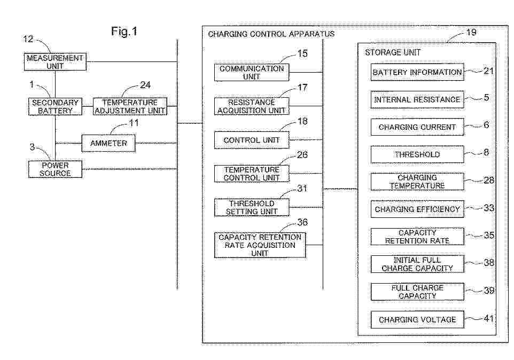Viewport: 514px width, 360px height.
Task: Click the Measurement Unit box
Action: (55, 62)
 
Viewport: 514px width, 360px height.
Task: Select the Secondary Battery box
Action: (55, 106)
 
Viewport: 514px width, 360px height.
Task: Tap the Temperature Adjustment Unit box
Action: (130, 106)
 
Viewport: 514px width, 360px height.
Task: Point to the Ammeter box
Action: (108, 143)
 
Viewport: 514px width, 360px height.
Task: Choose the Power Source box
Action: (55, 169)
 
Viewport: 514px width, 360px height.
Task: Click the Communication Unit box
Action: (252, 73)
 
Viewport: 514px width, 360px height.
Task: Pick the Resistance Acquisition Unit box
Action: (252, 106)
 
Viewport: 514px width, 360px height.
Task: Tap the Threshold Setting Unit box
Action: (252, 207)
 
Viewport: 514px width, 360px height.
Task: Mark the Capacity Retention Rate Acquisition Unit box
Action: (260, 245)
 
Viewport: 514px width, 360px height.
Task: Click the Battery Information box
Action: (417, 73)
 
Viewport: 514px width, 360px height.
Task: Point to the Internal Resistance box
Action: (417, 100)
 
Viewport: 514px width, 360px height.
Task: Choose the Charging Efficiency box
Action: (417, 209)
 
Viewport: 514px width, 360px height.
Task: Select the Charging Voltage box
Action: (417, 320)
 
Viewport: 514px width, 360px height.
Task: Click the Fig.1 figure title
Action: (124, 32)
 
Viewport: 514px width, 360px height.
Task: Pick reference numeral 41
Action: (488, 319)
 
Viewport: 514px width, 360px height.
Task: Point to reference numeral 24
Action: (145, 84)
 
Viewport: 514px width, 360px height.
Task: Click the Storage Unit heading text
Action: (393, 52)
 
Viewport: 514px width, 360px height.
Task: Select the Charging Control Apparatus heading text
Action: (271, 34)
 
